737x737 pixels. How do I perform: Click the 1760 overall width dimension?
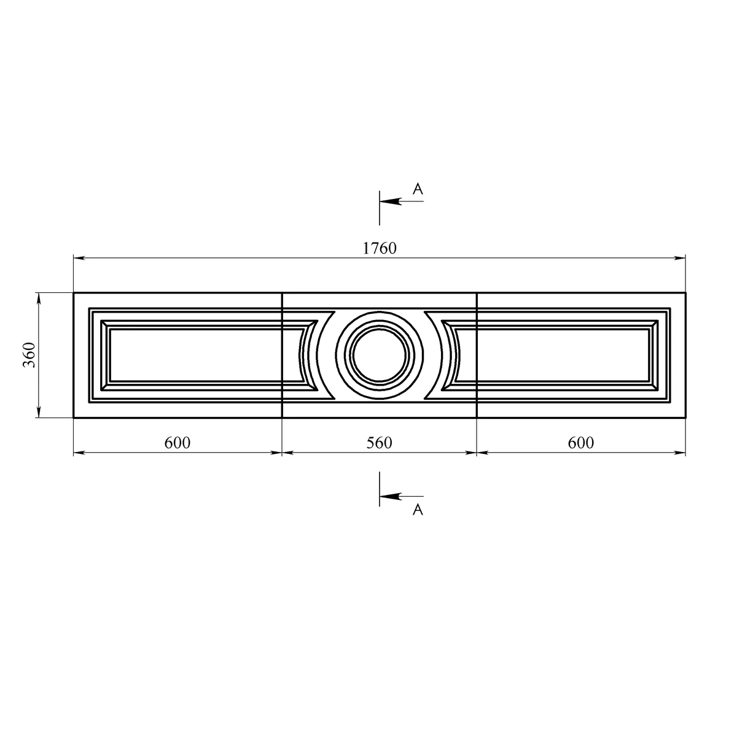point(380,249)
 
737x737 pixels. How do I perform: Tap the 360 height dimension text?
point(29,355)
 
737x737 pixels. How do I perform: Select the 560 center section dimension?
point(379,443)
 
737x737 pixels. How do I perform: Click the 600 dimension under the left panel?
point(177,443)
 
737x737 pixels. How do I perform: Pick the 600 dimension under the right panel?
point(580,443)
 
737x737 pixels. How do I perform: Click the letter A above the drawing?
point(418,189)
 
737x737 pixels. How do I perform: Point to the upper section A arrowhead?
point(390,201)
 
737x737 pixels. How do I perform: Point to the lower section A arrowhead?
point(390,496)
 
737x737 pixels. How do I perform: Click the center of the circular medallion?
point(380,356)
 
